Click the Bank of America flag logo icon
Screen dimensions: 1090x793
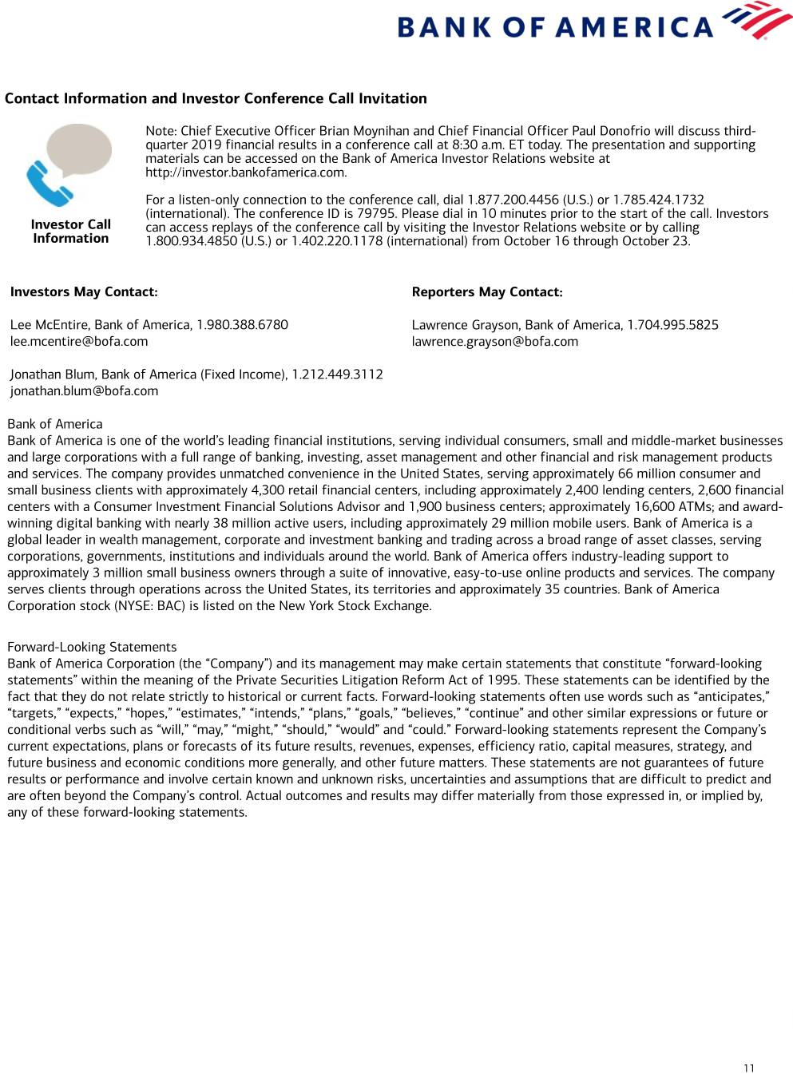(746, 21)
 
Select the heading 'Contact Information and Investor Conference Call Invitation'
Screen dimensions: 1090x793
(216, 98)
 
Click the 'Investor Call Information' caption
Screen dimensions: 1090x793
(70, 232)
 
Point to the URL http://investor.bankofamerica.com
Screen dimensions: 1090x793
(246, 172)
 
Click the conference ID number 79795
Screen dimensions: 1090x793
(379, 214)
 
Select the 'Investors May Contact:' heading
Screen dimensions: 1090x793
(84, 292)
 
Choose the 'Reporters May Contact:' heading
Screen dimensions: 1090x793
(487, 292)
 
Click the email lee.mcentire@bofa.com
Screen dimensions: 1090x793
(79, 342)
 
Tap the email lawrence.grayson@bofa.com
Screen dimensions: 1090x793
(495, 342)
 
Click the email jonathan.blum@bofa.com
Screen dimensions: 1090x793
(84, 391)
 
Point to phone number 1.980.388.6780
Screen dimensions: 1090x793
(242, 325)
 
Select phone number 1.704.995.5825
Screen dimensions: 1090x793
(672, 325)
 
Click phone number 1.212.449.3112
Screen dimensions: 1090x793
(337, 375)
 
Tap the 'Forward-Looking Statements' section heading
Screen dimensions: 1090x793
(92, 647)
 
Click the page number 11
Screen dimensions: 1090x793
(748, 1068)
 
